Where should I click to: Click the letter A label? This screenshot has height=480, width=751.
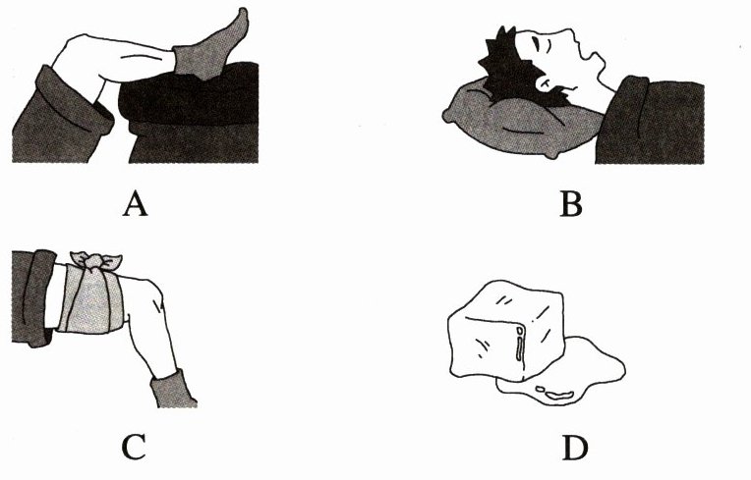135,204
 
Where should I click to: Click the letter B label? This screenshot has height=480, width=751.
571,204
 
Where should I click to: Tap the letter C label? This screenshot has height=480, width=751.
134,448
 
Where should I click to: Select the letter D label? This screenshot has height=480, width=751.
575,448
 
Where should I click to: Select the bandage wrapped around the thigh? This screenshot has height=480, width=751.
91,298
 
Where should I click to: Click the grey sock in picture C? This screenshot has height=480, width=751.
171,390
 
